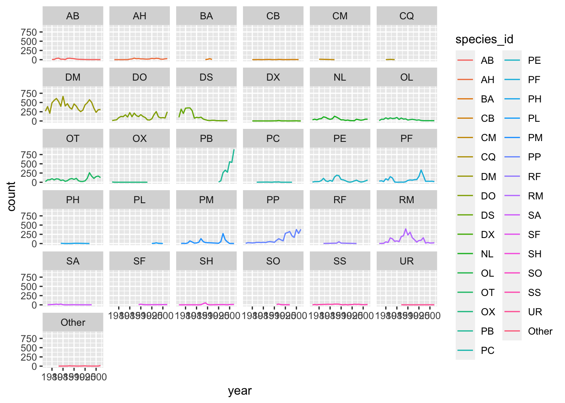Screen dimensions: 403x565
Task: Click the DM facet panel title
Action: tap(73, 77)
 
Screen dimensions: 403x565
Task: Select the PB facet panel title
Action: tap(206, 139)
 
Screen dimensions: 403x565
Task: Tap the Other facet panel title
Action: tap(73, 322)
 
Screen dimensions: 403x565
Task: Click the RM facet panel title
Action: tap(407, 200)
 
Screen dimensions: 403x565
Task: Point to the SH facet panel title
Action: tap(206, 261)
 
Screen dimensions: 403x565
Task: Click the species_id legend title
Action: tap(484, 39)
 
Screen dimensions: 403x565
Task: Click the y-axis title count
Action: tap(11, 196)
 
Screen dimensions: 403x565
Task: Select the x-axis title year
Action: tap(240, 391)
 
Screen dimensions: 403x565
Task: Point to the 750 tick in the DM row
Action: tap(29, 94)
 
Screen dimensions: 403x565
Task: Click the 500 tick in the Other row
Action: tap(29, 348)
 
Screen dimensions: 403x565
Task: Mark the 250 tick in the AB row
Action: tap(29, 51)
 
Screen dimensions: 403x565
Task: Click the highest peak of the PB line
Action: tap(234, 150)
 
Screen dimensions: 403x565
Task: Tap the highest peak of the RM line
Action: tap(406, 229)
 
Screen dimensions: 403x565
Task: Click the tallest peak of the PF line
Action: tap(421, 170)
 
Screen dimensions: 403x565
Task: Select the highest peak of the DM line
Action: tap(63, 97)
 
